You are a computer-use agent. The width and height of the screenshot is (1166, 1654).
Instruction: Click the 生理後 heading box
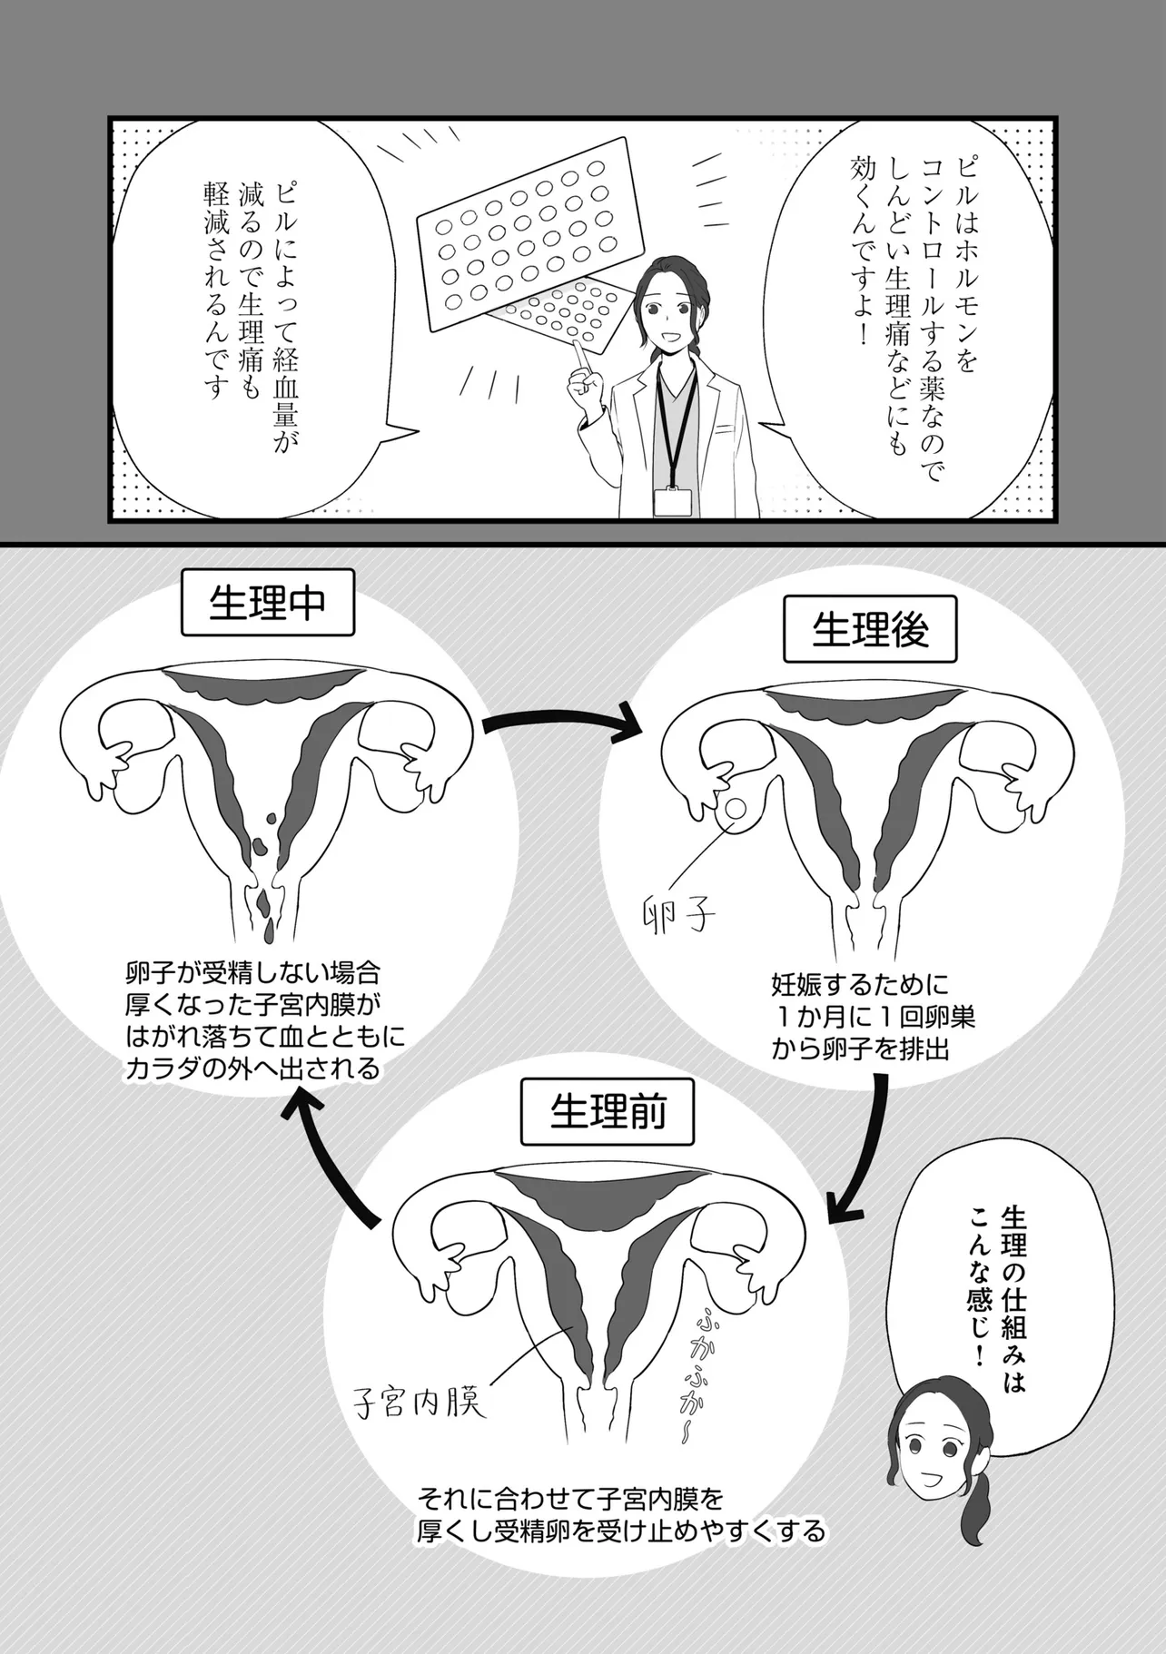[x=870, y=629]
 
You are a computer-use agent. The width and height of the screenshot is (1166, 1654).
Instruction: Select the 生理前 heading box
[x=608, y=1110]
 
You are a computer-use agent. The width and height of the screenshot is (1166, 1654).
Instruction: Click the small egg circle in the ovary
[x=736, y=805]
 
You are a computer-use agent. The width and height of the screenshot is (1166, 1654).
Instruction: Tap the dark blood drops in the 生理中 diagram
[x=262, y=871]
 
